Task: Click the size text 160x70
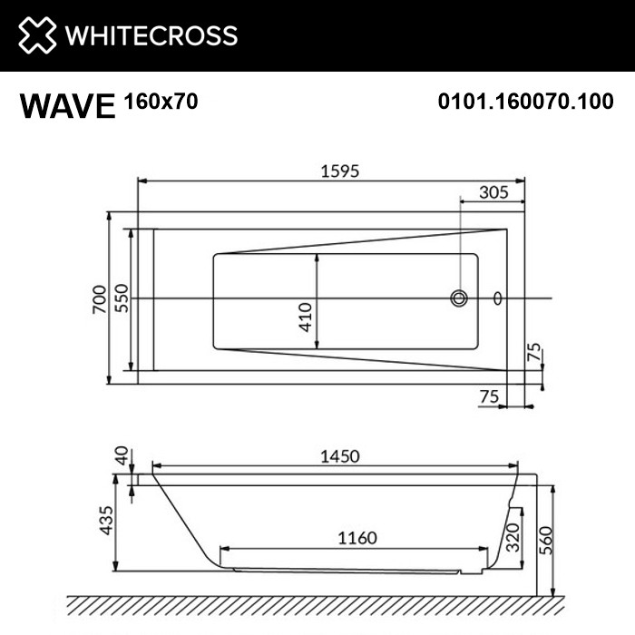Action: coord(161,103)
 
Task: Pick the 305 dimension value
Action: coord(494,191)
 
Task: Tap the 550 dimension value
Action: coord(121,298)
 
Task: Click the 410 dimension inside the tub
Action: coord(307,316)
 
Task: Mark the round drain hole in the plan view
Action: coord(460,298)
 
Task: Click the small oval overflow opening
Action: coord(496,298)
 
